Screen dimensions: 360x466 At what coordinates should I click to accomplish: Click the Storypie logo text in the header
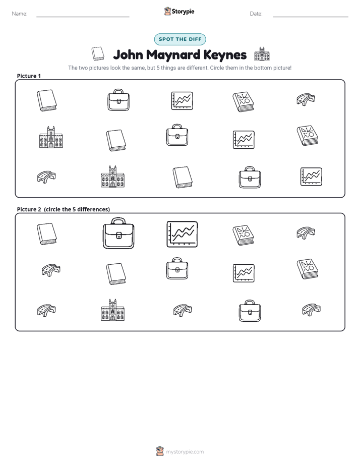pyautogui.click(x=183, y=12)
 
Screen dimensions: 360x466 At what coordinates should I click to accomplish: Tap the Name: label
pyautogui.click(x=20, y=14)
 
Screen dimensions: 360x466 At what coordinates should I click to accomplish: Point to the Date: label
pyautogui.click(x=256, y=14)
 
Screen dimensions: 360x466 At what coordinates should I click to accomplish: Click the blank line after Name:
pyautogui.click(x=83, y=17)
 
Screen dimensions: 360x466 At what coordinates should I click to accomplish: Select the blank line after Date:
pyautogui.click(x=311, y=17)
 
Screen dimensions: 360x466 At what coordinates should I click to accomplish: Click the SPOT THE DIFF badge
pyautogui.click(x=180, y=39)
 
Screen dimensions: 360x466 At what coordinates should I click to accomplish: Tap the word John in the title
pyautogui.click(x=128, y=55)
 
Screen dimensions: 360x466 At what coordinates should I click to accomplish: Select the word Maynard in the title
pyautogui.click(x=173, y=55)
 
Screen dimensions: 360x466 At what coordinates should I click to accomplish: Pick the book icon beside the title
pyautogui.click(x=98, y=53)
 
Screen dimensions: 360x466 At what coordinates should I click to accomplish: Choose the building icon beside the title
pyautogui.click(x=262, y=54)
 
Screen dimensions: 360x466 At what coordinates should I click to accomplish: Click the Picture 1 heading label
pyautogui.click(x=29, y=76)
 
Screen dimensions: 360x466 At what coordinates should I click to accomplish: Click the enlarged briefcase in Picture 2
pyautogui.click(x=118, y=233)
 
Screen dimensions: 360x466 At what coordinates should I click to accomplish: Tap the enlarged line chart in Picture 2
pyautogui.click(x=182, y=234)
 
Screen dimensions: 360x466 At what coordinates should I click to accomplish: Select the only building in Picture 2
pyautogui.click(x=112, y=310)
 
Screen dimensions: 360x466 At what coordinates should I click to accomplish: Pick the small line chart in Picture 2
pyautogui.click(x=244, y=273)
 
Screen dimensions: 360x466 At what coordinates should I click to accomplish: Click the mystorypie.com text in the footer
pyautogui.click(x=185, y=452)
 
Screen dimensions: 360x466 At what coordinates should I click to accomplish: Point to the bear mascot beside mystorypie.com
pyautogui.click(x=160, y=451)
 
